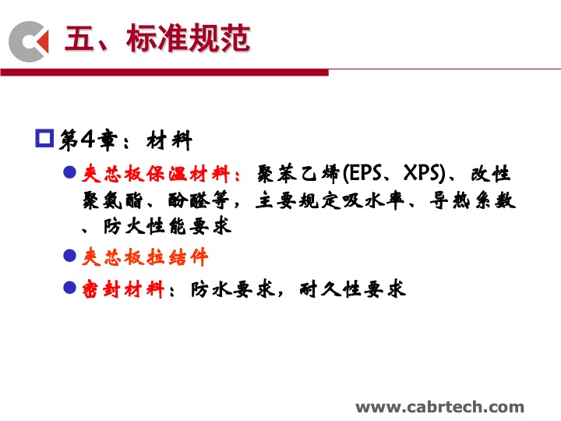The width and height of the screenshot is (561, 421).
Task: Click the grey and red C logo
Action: point(29,41)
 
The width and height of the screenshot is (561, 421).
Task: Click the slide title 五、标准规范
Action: point(157,38)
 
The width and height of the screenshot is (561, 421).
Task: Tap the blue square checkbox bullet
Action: point(44,138)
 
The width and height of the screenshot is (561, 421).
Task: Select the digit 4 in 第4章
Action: point(87,139)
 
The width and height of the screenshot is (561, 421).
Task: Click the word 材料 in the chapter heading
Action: point(169,140)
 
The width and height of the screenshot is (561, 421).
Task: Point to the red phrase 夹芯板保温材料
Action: point(156,174)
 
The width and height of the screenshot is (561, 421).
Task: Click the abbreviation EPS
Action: point(365,173)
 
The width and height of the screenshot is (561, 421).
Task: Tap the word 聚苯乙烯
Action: point(298,174)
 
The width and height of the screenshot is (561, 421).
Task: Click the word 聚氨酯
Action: point(112,200)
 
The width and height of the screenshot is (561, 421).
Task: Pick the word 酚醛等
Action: point(198,200)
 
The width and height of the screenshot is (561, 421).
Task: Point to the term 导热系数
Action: point(473,200)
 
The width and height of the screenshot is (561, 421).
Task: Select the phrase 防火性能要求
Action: point(168,226)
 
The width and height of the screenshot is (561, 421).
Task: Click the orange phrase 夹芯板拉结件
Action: point(145,257)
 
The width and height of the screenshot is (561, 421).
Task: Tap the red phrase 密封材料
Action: point(123,289)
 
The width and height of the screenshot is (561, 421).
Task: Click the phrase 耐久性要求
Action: point(353,289)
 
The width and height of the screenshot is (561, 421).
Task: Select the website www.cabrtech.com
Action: point(439,407)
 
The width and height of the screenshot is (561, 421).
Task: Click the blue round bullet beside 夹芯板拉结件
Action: point(70,256)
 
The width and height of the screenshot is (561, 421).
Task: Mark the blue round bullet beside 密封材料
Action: point(70,288)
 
